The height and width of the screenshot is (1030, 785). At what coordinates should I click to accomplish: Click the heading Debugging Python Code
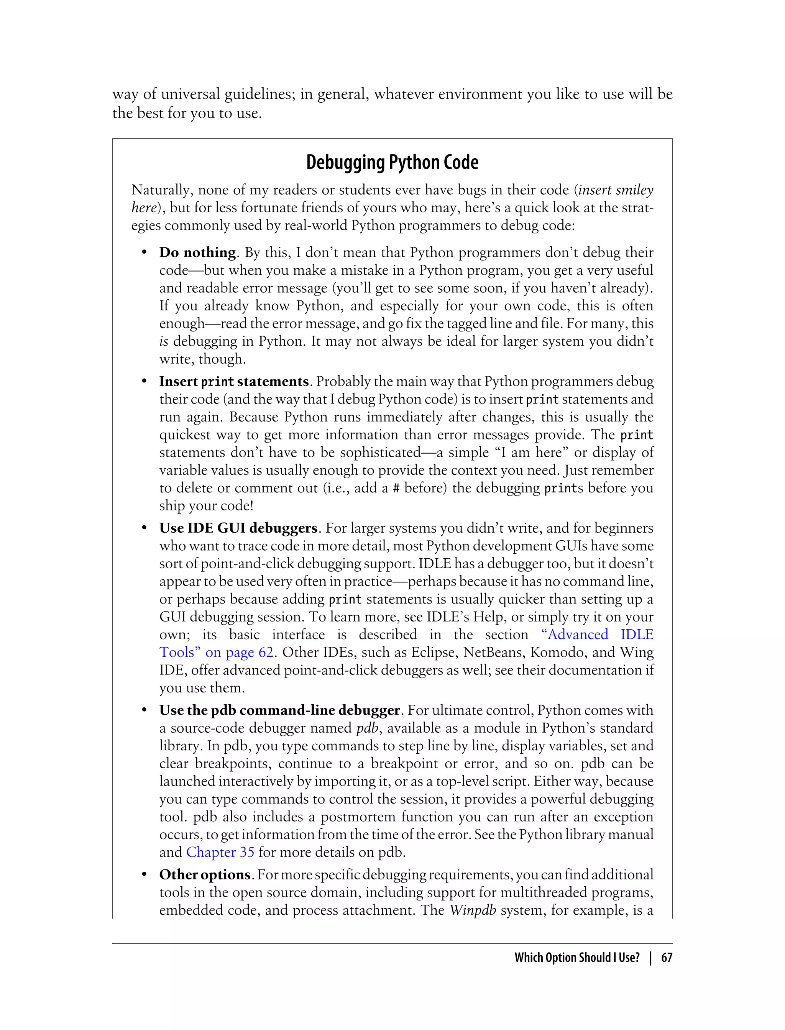coord(392,162)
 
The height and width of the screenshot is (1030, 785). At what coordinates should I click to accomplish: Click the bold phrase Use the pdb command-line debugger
coord(279,710)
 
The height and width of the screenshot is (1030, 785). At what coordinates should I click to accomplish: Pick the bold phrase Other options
coord(205,875)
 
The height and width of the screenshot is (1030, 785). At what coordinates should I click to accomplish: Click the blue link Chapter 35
coord(220,853)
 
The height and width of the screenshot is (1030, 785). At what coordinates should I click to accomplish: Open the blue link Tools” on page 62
coord(216,653)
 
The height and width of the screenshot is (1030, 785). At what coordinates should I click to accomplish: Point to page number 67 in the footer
coord(667,958)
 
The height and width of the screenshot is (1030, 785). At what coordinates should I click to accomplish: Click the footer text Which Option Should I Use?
coord(576,958)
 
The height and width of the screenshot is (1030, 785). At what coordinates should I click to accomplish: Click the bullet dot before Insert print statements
coord(145,382)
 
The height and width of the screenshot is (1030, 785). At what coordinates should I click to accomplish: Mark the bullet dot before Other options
coord(145,875)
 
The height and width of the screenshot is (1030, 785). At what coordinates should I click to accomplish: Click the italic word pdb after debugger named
coord(367,728)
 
